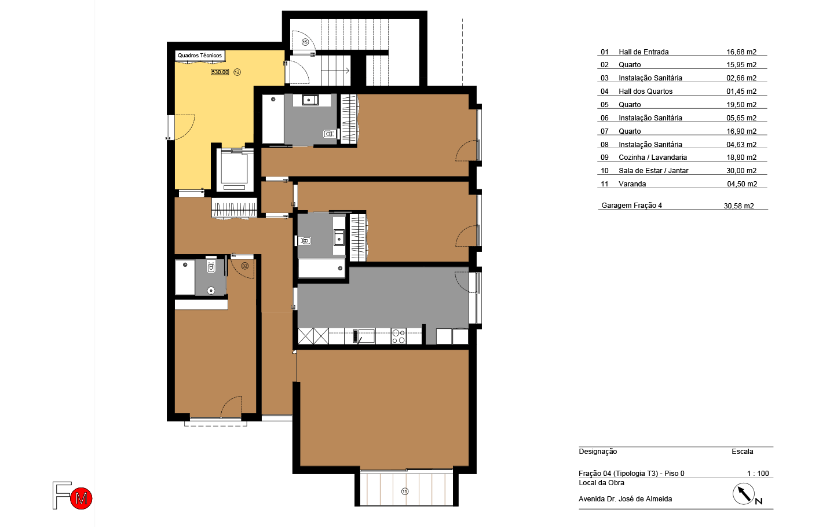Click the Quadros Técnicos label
point(200,56)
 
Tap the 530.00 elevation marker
point(220,72)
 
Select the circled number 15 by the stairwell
point(305,42)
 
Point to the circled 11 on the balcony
point(405,492)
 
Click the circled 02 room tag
point(244,266)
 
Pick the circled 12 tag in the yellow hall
point(237,72)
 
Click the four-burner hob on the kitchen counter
point(398,336)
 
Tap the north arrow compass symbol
point(744,494)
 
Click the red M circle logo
point(81,498)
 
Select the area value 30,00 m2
point(741,171)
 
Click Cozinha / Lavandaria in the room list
point(653,157)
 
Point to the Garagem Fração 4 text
point(631,206)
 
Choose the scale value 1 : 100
point(758,474)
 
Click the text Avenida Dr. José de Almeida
point(625,499)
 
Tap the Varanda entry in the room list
point(632,184)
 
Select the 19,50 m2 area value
point(741,105)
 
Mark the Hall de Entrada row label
point(643,52)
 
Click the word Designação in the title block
point(598,452)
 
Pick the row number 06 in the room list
point(604,118)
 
